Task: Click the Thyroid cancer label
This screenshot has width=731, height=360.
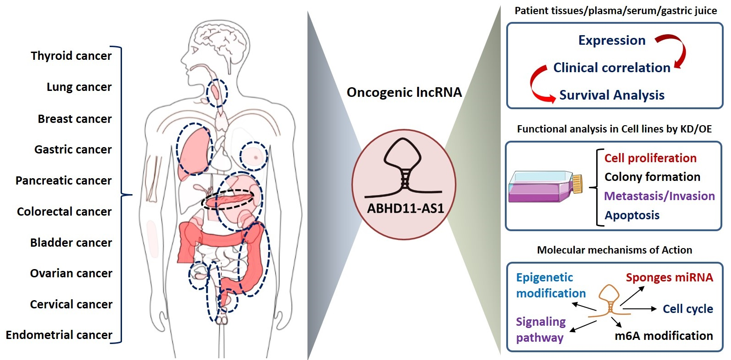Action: pos(71,56)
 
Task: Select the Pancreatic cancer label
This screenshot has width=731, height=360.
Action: pos(64,180)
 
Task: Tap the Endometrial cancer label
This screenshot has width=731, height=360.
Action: pos(58,335)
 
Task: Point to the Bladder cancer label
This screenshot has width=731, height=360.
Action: pos(71,243)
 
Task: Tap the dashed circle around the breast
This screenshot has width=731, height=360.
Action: pos(254,156)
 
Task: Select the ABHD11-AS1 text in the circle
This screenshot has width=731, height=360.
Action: pos(405,209)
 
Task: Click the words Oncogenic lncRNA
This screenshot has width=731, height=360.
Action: pos(404,92)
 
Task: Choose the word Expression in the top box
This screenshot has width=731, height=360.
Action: pos(611,40)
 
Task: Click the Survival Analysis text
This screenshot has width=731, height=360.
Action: pos(611,95)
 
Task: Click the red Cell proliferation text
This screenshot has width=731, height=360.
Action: pos(650,158)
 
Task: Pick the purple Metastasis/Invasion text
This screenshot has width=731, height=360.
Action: pos(659,196)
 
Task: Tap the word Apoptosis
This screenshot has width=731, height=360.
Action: pos(632,215)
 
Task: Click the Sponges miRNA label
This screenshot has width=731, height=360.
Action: pos(669,277)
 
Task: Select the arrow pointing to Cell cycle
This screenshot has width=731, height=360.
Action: pos(640,309)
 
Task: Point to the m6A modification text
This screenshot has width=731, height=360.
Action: pos(663,336)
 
